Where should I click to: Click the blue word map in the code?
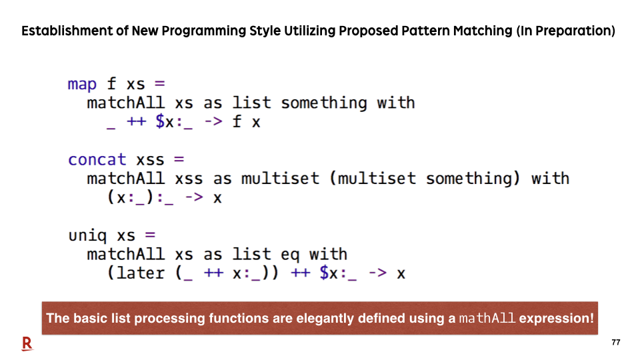click(82, 85)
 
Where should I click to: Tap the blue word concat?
click(97, 159)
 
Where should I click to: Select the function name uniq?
click(88, 236)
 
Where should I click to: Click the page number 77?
click(616, 343)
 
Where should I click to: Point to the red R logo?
click(27, 344)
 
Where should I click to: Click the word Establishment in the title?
click(75, 31)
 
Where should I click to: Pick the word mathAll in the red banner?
click(487, 318)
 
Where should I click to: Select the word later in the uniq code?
click(141, 273)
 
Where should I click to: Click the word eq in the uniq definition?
click(290, 255)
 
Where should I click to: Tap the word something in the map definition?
click(324, 103)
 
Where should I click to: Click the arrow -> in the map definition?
click(213, 121)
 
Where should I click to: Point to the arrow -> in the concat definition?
click(194, 197)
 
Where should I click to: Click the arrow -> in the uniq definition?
click(377, 273)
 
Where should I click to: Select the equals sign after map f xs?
click(159, 84)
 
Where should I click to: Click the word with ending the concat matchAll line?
click(550, 179)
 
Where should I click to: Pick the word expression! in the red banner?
click(557, 319)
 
